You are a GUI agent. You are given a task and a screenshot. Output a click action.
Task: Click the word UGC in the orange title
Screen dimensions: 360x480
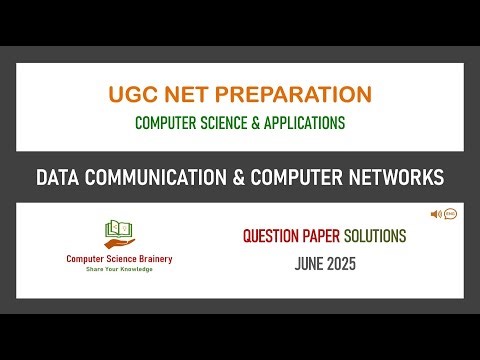click(x=132, y=95)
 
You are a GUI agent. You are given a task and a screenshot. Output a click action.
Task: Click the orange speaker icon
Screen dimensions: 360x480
click(x=436, y=214)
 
